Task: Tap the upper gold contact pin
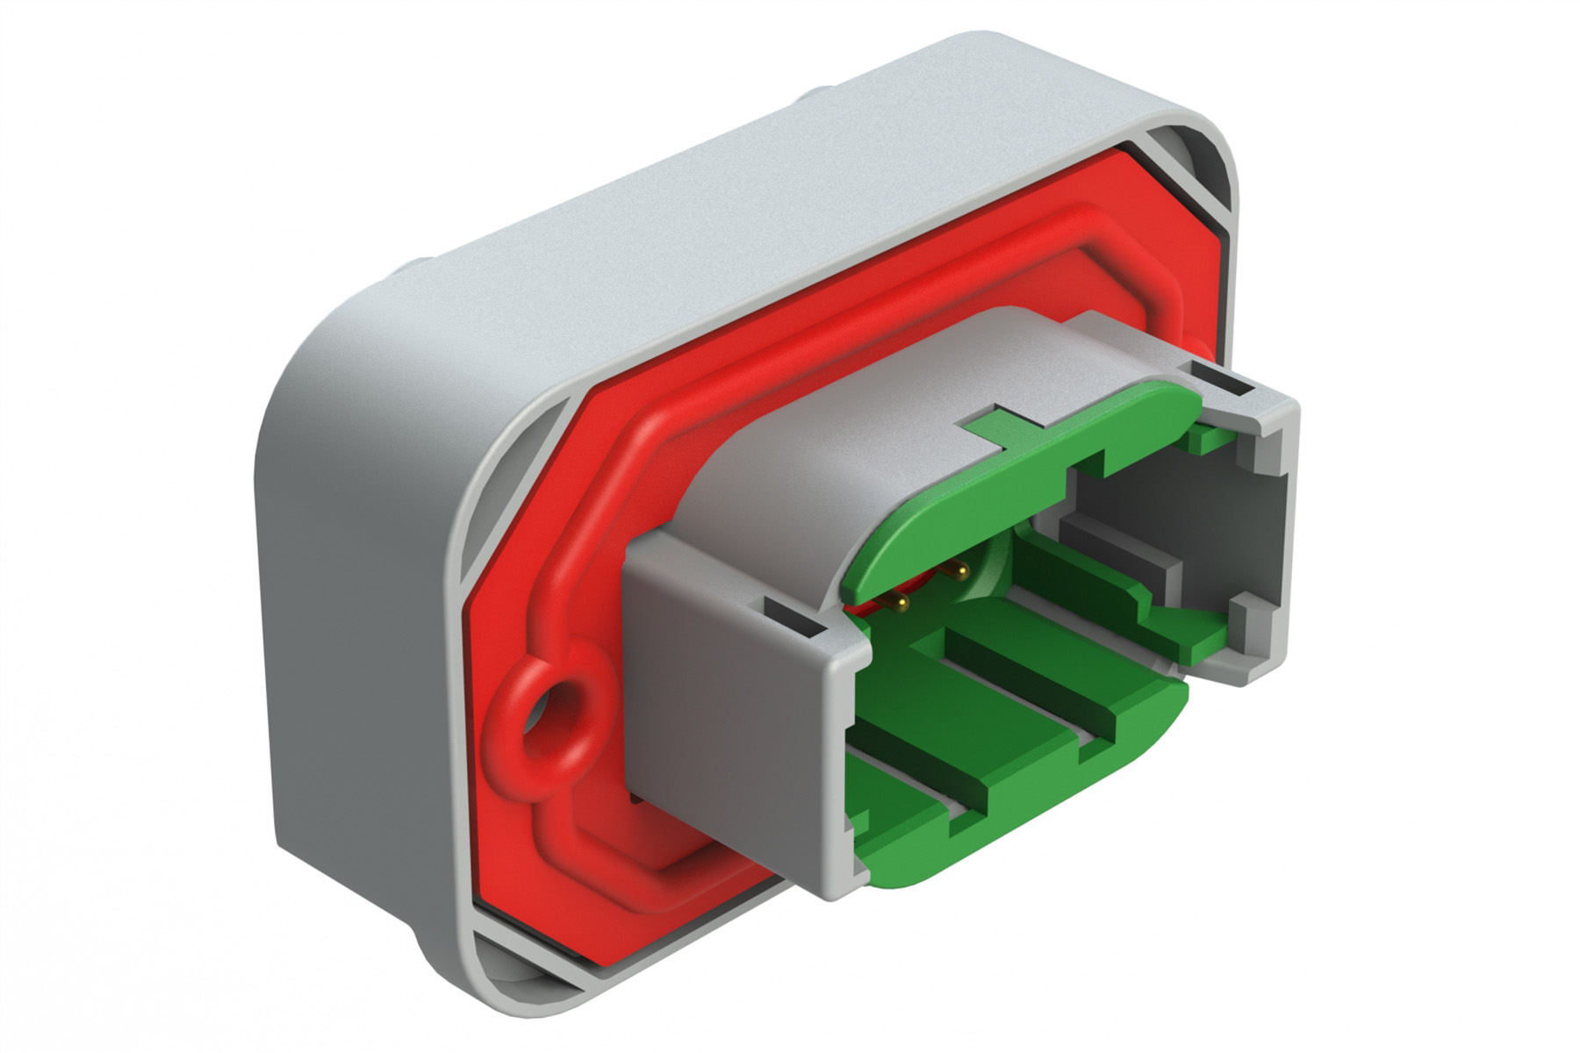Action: [959, 571]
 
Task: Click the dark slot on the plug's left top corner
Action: [793, 617]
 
